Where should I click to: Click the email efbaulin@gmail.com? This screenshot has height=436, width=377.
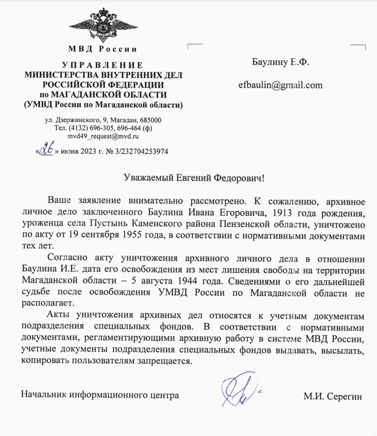[x=281, y=85]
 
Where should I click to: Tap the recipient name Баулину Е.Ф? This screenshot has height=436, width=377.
[x=281, y=63]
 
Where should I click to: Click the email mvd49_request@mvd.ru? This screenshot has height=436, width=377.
[x=103, y=136]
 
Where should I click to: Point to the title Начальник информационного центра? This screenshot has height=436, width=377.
[x=100, y=395]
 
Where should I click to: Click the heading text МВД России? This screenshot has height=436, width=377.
[x=103, y=50]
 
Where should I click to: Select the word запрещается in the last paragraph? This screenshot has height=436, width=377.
[x=166, y=360]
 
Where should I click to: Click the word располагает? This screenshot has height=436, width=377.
[x=44, y=301]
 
